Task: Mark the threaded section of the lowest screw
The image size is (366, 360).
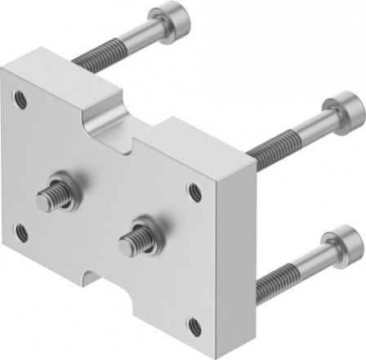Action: (273, 282)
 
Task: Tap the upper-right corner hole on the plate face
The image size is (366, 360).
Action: (194, 193)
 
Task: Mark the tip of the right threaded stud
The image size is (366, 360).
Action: (125, 241)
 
